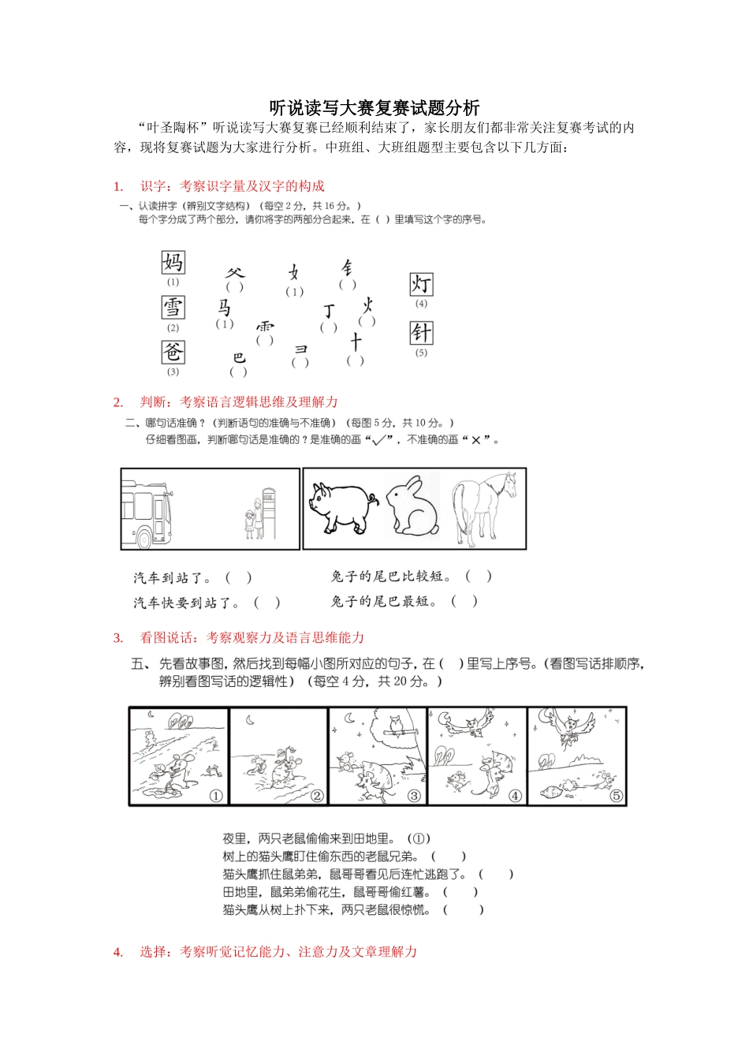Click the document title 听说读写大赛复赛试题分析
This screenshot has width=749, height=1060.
click(374, 107)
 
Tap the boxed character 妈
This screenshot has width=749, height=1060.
click(173, 262)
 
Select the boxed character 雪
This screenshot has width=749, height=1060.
click(173, 307)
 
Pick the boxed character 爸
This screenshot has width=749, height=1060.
click(173, 351)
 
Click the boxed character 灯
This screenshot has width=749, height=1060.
click(421, 284)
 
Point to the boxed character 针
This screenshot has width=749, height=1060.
click(421, 333)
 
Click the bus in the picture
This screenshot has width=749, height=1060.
click(147, 513)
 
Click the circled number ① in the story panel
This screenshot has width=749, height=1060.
click(216, 796)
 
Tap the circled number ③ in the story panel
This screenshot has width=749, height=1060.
click(415, 796)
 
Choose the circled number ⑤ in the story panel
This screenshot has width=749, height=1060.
click(617, 796)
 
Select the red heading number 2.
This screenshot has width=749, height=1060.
click(118, 402)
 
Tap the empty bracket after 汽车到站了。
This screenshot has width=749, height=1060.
click(239, 577)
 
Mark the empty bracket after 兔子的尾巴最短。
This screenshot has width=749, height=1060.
click(464, 601)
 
